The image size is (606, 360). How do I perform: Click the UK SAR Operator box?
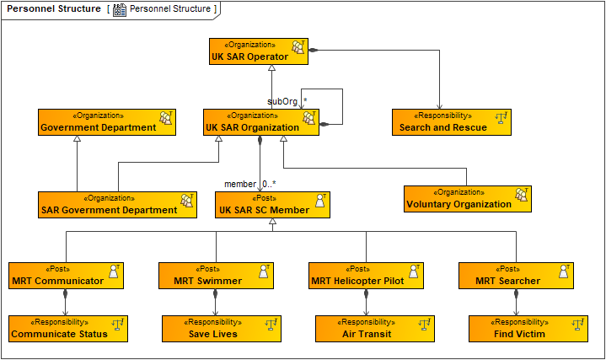pos(259,51)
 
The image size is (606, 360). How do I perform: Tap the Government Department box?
pos(106,122)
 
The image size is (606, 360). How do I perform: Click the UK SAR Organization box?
pos(261,122)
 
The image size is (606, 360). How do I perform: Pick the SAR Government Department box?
pos(117,205)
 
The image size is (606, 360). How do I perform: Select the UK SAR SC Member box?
pos(272,205)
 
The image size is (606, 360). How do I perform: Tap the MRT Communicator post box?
pos(67,276)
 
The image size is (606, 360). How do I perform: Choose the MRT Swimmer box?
pos(216,276)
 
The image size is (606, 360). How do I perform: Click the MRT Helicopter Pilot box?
pos(366,276)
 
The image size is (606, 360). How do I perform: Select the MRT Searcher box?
pos(516,276)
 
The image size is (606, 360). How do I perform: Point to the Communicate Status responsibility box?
pos(67,329)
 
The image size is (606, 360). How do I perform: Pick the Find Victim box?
pos(528,329)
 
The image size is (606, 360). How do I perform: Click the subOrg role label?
pos(282,101)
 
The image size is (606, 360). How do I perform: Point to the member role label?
pos(239,184)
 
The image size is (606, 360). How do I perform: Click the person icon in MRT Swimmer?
pos(264,271)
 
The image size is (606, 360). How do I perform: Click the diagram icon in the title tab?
pos(120,9)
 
